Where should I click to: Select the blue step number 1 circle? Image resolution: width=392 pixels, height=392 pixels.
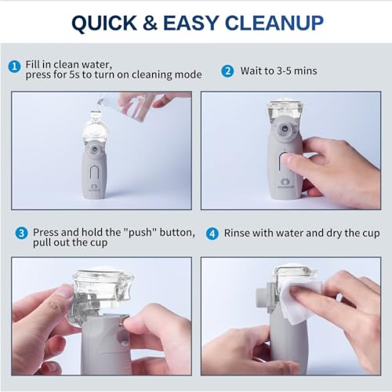[x=14, y=66]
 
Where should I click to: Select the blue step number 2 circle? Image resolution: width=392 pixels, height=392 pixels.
[x=227, y=71]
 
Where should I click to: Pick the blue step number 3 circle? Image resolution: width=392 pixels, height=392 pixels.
[x=21, y=233]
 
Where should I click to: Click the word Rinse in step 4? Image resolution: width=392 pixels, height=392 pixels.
[x=240, y=233]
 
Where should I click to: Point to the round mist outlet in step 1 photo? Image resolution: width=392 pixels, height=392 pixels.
[x=93, y=149]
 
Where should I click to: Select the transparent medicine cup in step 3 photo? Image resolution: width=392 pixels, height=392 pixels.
[x=99, y=294]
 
